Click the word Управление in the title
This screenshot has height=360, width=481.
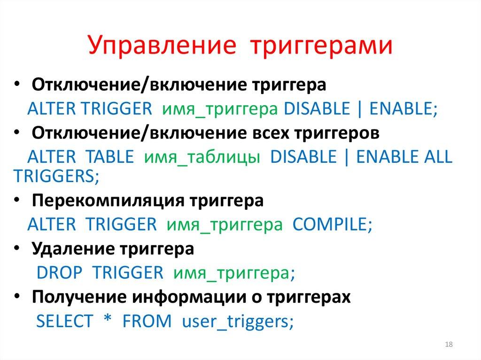click(162, 46)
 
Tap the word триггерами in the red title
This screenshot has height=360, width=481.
click(320, 46)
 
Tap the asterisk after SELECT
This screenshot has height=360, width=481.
click(107, 320)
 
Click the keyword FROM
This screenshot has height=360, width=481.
click(147, 322)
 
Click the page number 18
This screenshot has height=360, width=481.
click(448, 345)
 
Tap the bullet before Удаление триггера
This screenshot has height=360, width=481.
click(17, 249)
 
